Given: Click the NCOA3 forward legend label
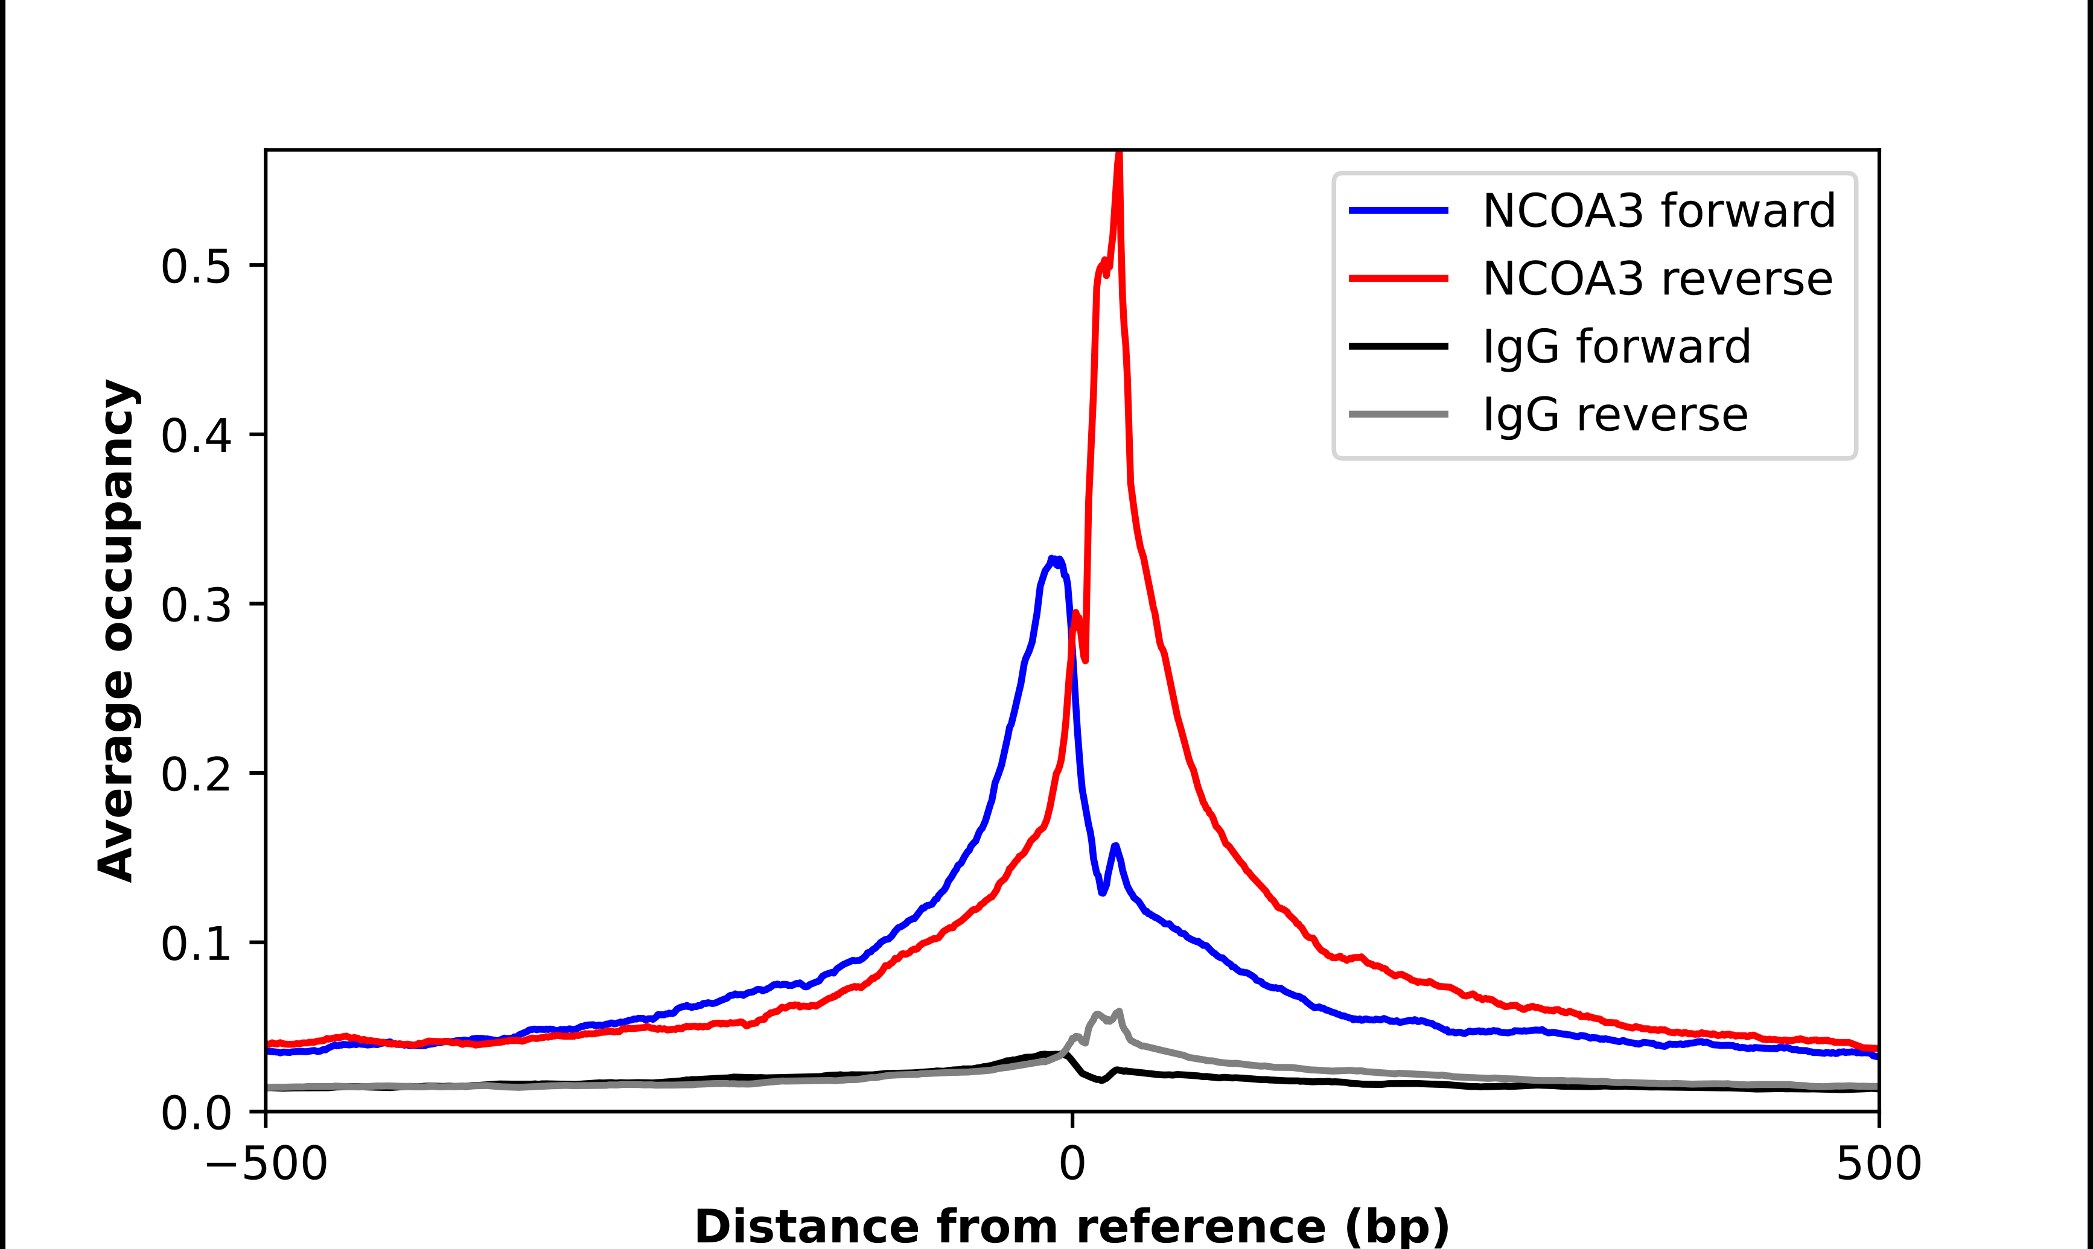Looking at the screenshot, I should point(1658,211).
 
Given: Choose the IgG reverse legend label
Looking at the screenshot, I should point(1615,415).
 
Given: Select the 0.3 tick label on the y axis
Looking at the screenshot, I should point(196,605).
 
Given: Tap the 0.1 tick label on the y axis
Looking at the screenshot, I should point(196,944).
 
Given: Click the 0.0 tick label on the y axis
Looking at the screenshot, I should point(196,1113).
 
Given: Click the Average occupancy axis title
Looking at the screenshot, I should point(116,631).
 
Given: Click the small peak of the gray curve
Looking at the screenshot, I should point(1118,1012).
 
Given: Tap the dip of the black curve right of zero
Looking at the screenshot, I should point(1101,1081).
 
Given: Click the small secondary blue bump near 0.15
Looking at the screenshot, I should point(1115,846).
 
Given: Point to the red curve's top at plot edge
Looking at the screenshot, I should point(1118,154).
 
